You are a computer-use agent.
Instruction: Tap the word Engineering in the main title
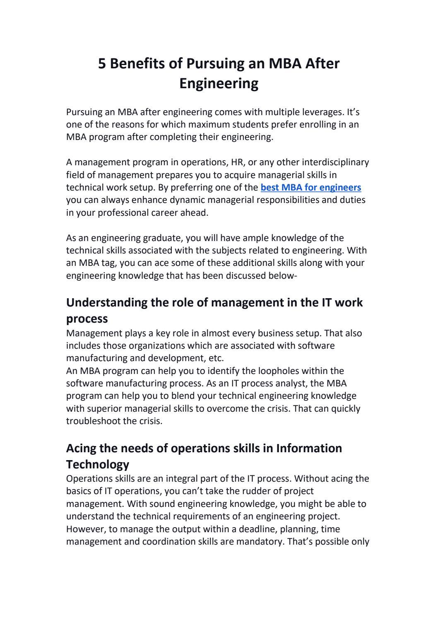coord(219,83)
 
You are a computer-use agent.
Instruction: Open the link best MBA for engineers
coord(311,188)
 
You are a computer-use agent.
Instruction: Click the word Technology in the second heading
coord(98,465)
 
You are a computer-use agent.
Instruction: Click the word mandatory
coord(259,542)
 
